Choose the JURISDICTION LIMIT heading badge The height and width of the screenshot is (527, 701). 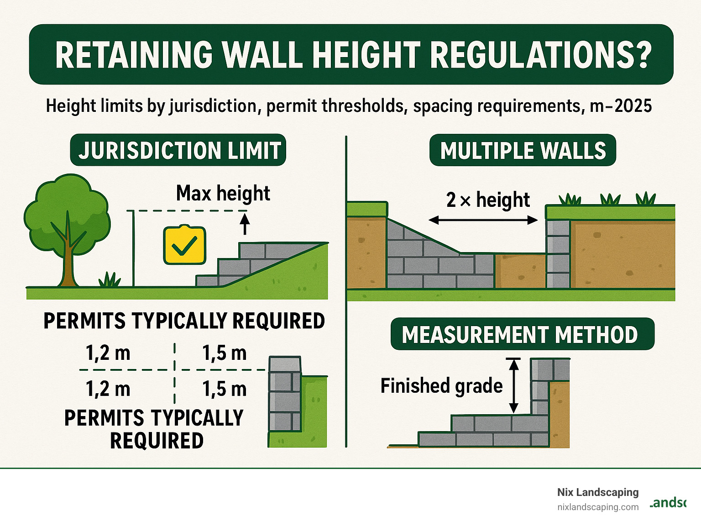(x=178, y=150)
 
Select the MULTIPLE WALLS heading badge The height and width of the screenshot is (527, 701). (x=523, y=151)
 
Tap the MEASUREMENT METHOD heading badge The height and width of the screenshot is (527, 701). (x=522, y=334)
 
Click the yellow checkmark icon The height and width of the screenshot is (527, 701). (x=184, y=245)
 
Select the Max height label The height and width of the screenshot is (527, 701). (x=223, y=193)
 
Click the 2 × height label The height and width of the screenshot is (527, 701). (x=487, y=200)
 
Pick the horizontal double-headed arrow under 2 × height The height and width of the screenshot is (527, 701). (x=483, y=221)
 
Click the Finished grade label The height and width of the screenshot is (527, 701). (x=441, y=386)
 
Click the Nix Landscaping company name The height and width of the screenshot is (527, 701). (x=597, y=492)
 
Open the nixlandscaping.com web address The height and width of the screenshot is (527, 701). (x=597, y=507)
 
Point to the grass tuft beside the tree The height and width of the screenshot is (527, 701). (x=110, y=279)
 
